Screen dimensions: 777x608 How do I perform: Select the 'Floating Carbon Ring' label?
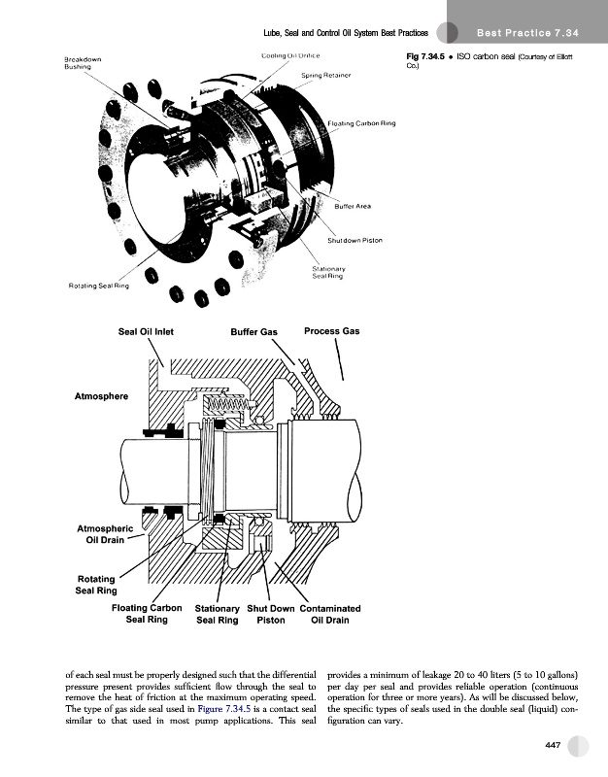(362, 122)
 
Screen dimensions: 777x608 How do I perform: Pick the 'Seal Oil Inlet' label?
(146, 331)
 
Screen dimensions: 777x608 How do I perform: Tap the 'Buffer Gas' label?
(255, 332)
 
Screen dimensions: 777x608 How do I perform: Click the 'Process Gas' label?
(331, 331)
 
